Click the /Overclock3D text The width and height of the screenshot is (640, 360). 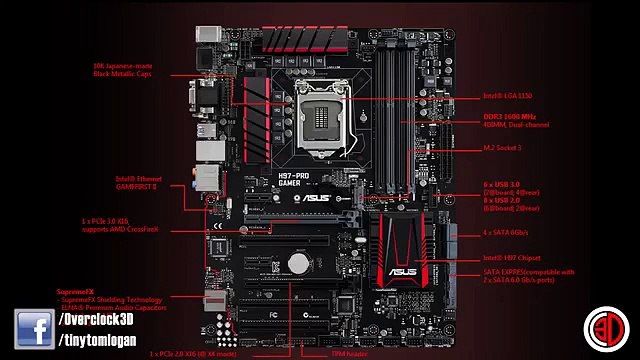(99, 319)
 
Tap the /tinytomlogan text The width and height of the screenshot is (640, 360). (105, 342)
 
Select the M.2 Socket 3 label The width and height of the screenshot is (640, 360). (504, 148)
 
